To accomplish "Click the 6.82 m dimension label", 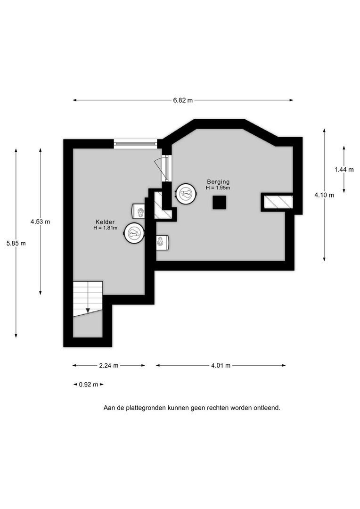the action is [x=183, y=100].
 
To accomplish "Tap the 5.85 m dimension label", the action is [x=16, y=243].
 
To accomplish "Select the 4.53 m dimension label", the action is [x=40, y=222].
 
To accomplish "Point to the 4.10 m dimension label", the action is [x=324, y=195].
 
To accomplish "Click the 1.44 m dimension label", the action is [x=344, y=170].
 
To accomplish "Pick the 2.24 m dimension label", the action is [x=109, y=366].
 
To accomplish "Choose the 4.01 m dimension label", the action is [x=221, y=366].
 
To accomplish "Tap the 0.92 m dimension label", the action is [x=89, y=385].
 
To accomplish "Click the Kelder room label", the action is [x=105, y=222].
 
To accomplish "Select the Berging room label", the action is [x=219, y=182].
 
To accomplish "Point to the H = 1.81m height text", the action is [x=105, y=228].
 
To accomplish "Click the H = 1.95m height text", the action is [x=218, y=188].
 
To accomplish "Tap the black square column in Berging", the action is [x=220, y=203].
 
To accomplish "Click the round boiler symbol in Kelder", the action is [x=134, y=232].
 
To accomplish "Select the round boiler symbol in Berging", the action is [x=186, y=194].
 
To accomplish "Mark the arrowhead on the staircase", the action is [x=88, y=311].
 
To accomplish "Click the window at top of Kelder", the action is [x=135, y=144].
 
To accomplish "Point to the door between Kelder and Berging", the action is [x=164, y=168].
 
